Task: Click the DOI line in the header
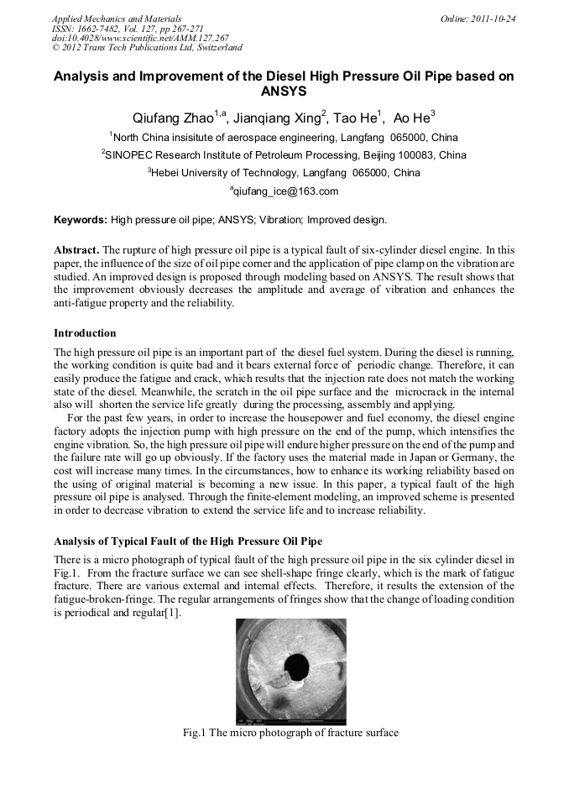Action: [140, 38]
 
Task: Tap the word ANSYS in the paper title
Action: [284, 91]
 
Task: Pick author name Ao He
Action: [413, 118]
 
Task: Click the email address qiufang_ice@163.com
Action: [285, 191]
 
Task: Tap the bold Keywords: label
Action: [81, 221]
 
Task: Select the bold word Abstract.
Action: [76, 251]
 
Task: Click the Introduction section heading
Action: [85, 333]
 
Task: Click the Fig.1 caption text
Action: [290, 733]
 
